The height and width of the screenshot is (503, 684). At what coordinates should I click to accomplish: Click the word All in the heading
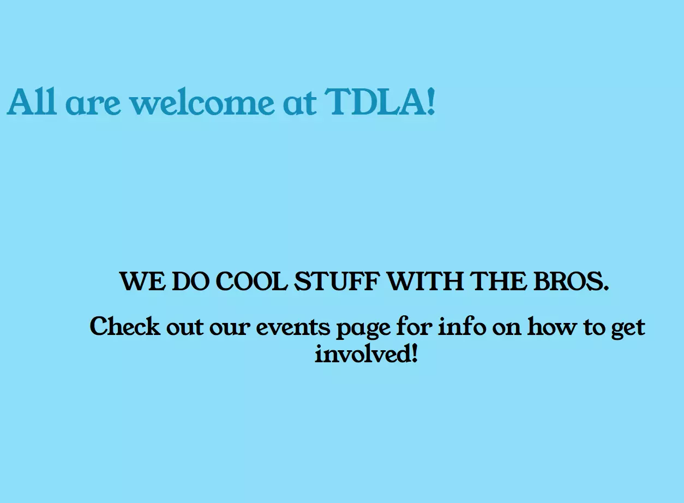[x=32, y=101]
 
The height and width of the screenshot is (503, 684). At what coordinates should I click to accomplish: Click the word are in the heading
[x=93, y=105]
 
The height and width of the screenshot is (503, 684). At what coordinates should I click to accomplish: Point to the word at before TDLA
[x=299, y=103]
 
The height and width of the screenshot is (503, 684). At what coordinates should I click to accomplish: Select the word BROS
[x=571, y=281]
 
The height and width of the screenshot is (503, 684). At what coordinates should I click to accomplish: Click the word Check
[x=125, y=326]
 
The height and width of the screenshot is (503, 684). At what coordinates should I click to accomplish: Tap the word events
[x=293, y=328]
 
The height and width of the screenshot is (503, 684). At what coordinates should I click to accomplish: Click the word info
[x=461, y=326]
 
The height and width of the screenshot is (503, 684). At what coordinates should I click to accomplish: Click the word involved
[x=363, y=354]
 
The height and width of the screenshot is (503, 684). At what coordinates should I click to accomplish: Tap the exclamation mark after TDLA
[x=431, y=101]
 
